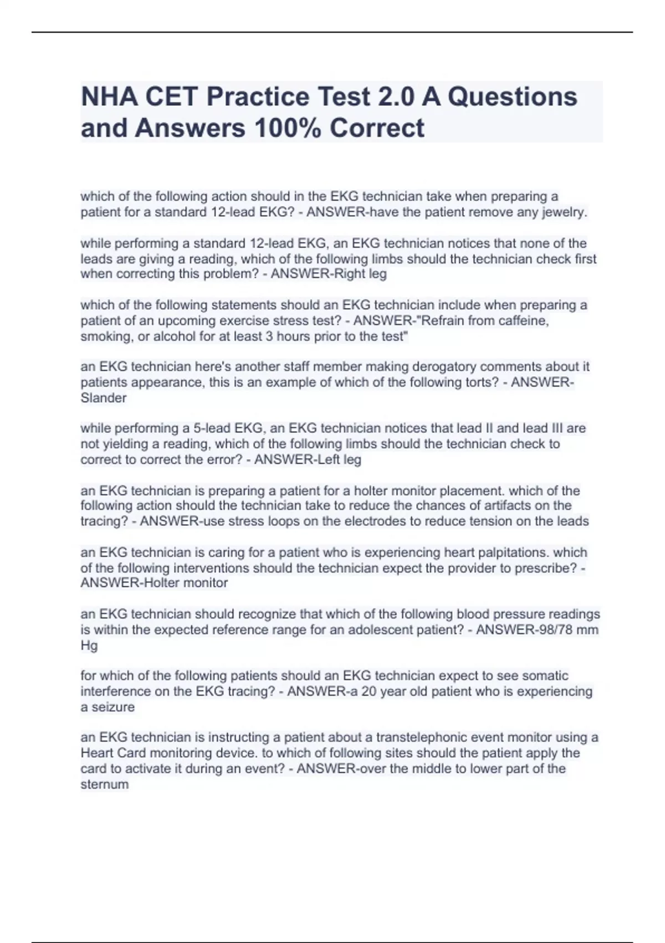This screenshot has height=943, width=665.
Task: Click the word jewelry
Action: (x=561, y=212)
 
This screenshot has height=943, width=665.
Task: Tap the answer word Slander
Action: (x=104, y=398)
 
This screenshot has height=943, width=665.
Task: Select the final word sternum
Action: (x=105, y=785)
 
